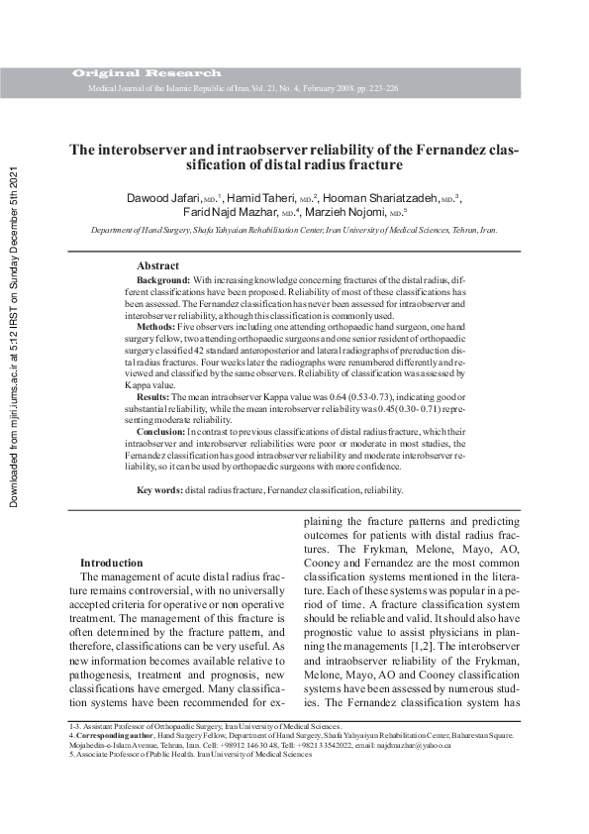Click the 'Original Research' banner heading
coord(147,74)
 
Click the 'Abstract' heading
coord(157,266)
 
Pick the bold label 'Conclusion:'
coord(161,432)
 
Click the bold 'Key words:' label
coord(159,490)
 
